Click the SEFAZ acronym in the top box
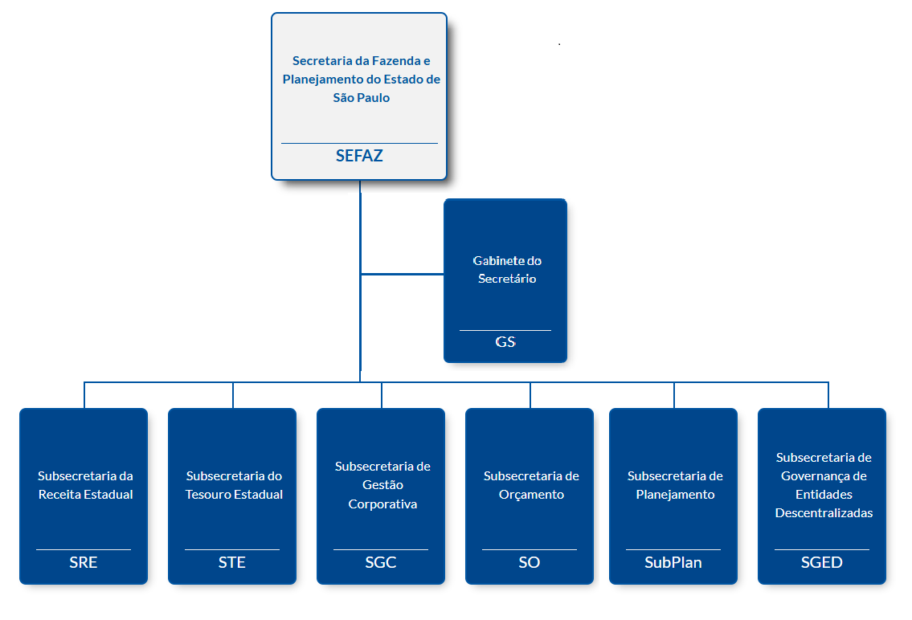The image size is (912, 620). (359, 156)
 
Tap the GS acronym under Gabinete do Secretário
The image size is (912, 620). (505, 341)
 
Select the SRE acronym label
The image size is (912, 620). (84, 562)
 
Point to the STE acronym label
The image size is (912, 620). (232, 562)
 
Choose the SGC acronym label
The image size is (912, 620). (381, 562)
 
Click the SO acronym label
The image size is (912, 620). (530, 562)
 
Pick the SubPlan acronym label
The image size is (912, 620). (673, 562)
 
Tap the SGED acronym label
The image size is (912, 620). (822, 562)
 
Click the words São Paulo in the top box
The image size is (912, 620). (362, 98)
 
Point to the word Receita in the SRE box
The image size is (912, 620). (59, 495)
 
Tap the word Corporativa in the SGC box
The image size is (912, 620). (382, 504)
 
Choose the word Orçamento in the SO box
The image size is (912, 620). (531, 495)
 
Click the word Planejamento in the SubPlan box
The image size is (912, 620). (675, 495)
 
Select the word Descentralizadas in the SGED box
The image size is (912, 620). (824, 512)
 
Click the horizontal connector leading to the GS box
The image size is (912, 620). (402, 275)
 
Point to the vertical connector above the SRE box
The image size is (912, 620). (84, 395)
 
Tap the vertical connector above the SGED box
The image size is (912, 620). (828, 395)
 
